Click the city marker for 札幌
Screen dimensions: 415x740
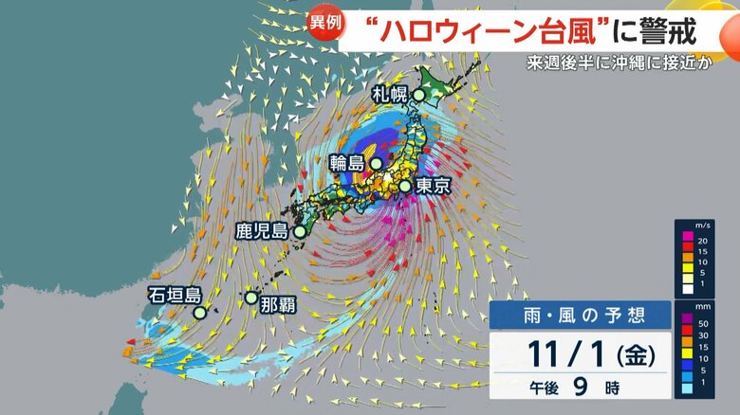pyautogui.click(x=418, y=95)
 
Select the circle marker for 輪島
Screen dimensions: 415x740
pyautogui.click(x=377, y=164)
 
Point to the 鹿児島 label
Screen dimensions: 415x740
pyautogui.click(x=262, y=230)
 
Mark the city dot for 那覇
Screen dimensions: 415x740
pyautogui.click(x=250, y=298)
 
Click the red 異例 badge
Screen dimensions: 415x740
pyautogui.click(x=324, y=23)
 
